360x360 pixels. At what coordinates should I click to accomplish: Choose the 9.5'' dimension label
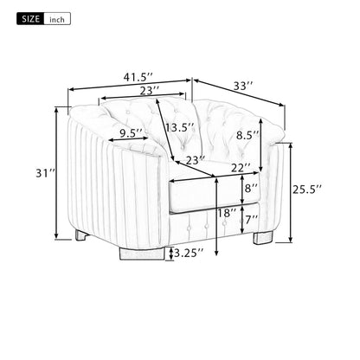coord(132,133)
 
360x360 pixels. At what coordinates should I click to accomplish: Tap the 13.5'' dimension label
coord(180,127)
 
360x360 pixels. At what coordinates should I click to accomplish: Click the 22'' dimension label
coord(242,167)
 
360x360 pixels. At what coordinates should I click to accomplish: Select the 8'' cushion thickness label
coord(251,186)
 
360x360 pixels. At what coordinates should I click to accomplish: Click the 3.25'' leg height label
coord(189,253)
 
